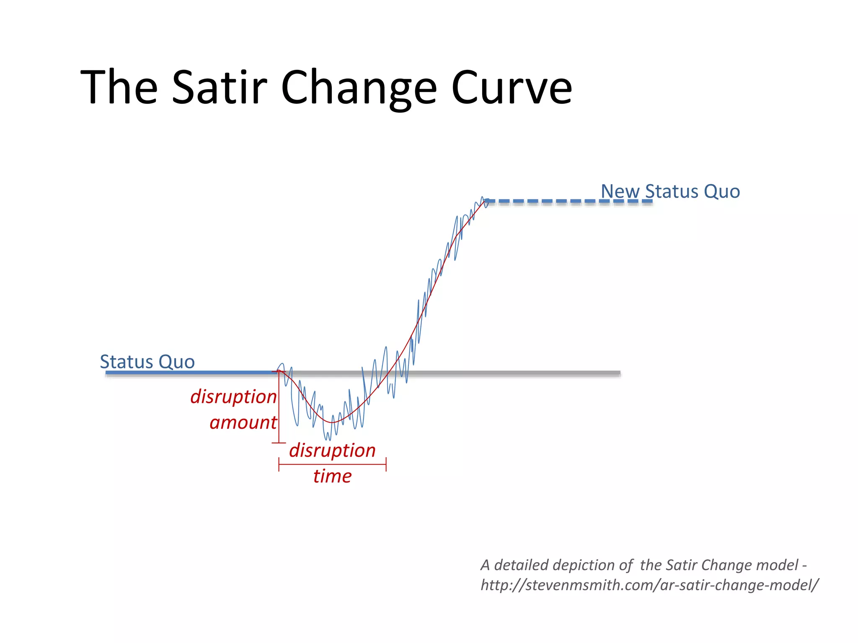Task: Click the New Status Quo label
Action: click(x=670, y=191)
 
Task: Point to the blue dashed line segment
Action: click(x=570, y=201)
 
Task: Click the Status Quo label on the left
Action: click(x=147, y=362)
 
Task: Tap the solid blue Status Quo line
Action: click(x=189, y=372)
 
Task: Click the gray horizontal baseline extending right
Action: click(x=524, y=373)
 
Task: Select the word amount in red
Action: click(x=243, y=423)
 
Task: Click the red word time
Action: click(x=332, y=476)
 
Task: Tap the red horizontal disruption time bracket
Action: click(x=332, y=464)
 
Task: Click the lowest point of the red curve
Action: click(x=332, y=422)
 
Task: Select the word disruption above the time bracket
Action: click(x=332, y=450)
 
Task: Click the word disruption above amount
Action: click(x=233, y=397)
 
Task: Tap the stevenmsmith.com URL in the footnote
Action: click(x=649, y=585)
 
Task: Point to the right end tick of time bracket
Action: click(x=386, y=464)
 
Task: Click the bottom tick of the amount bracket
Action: click(x=279, y=442)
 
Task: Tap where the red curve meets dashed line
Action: click(x=486, y=201)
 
